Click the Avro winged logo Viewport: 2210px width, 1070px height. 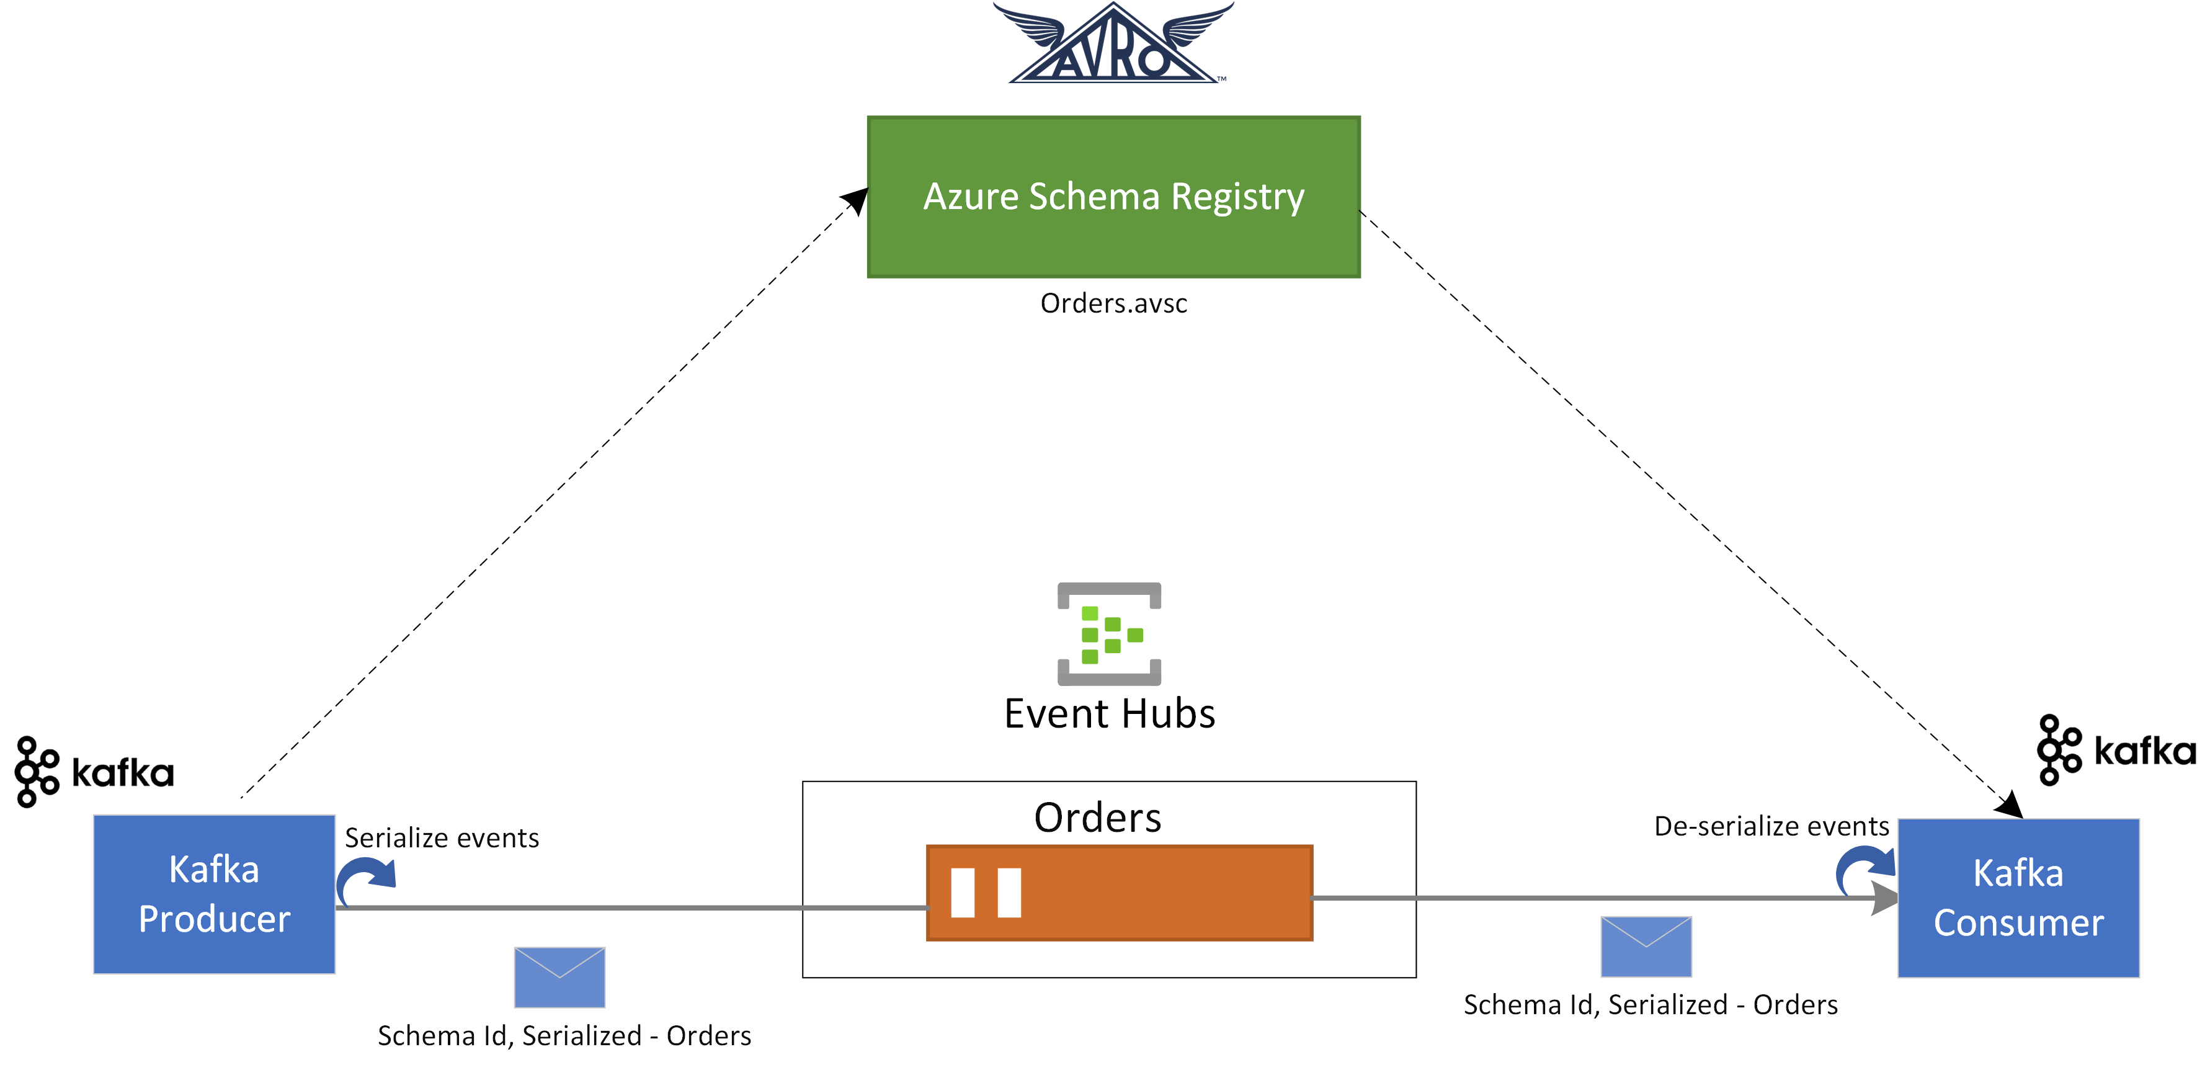coord(1113,45)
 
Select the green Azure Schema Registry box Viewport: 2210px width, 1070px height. coord(1113,197)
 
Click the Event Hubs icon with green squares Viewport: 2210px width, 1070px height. coord(1108,634)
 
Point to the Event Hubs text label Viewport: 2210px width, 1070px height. coord(1108,714)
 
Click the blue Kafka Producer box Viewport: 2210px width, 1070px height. coord(213,894)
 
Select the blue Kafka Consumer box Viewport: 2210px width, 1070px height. coord(2017,898)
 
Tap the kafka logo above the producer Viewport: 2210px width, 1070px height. coord(94,772)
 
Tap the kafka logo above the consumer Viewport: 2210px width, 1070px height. coord(2116,750)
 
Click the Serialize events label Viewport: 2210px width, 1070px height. coord(442,837)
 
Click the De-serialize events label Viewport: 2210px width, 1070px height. coord(1771,826)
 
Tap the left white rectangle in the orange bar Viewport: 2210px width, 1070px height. coord(963,893)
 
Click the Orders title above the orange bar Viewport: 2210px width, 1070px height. coord(1097,818)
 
